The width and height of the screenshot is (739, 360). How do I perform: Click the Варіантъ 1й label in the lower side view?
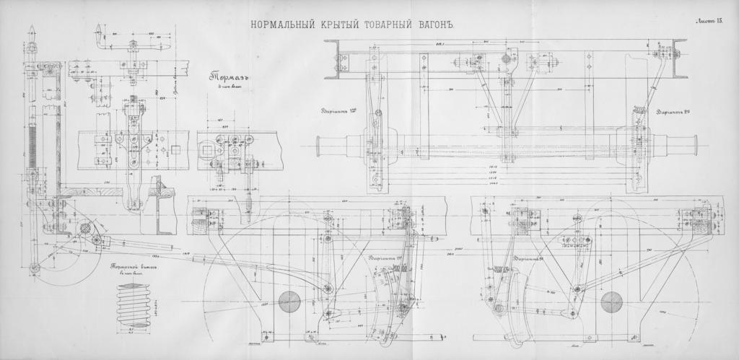click(386, 258)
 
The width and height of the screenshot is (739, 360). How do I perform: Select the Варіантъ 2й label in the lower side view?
click(531, 258)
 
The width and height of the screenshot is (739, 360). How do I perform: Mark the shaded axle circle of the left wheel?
click(289, 301)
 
